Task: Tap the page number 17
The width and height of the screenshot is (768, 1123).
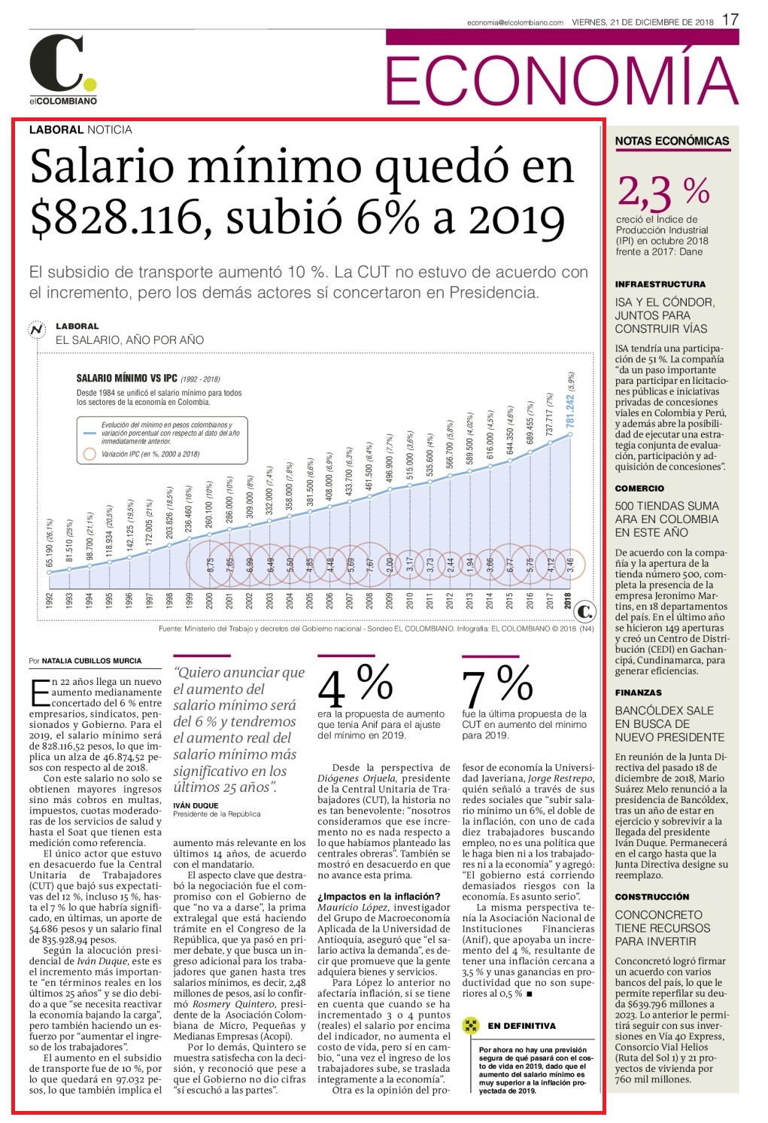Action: pos(730,20)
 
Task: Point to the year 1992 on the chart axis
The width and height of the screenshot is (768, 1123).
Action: pos(49,601)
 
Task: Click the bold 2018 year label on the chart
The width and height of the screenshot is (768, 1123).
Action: pos(568,601)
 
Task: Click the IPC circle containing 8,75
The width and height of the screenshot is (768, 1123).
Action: pos(210,565)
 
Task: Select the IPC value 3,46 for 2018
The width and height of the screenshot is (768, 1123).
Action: pos(569,565)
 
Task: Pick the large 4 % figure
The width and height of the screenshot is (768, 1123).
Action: pos(355,684)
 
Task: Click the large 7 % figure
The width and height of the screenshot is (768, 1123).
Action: pos(497,684)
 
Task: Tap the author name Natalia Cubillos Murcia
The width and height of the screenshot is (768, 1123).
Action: pos(92,661)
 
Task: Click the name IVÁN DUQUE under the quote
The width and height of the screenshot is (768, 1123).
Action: pos(196,805)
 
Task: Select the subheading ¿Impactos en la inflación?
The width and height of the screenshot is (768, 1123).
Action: pos(379,896)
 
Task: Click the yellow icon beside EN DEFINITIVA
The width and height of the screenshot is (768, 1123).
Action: pos(470,1025)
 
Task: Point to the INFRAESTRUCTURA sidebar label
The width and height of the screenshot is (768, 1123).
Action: pos(660,285)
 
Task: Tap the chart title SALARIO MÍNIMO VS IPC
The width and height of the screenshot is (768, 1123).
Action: pos(127,378)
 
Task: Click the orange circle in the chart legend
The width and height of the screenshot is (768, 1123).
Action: pos(90,454)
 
